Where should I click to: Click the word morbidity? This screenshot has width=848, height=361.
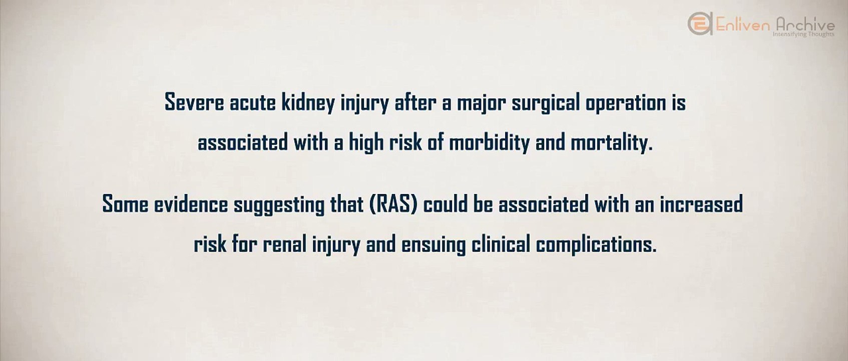pyautogui.click(x=489, y=143)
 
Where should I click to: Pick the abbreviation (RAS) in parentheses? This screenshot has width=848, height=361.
pyautogui.click(x=393, y=205)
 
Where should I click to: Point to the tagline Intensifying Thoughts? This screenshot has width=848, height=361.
pyautogui.click(x=803, y=34)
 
